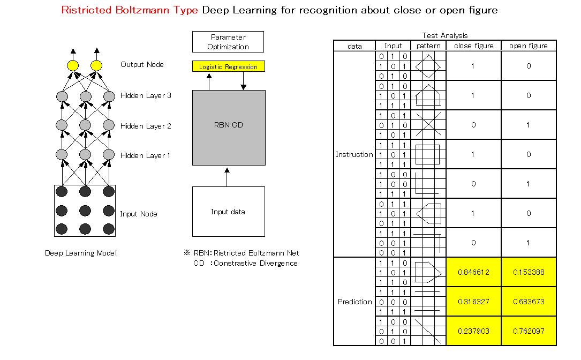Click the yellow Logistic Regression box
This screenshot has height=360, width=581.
coord(228,67)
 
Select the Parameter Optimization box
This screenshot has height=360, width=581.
coord(228,42)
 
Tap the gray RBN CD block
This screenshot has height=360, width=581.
coord(228,127)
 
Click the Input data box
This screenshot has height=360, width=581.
coord(228,212)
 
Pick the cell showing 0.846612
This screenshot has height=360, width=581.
coord(473,272)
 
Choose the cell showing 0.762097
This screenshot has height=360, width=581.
coord(529,331)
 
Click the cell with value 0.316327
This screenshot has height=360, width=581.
coord(473,302)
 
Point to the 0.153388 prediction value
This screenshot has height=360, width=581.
coord(529,272)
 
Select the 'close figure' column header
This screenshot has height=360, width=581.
coord(473,46)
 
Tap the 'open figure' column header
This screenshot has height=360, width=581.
coord(529,46)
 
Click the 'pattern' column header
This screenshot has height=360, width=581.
coord(428,46)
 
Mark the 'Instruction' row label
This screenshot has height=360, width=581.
coord(354,154)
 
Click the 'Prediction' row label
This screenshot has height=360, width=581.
coord(354,302)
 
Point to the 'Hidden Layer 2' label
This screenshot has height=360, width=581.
coord(146,126)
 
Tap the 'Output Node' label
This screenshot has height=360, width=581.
coord(142,64)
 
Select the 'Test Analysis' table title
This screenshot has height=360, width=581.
coord(444,35)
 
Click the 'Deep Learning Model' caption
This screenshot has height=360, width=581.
coord(80,253)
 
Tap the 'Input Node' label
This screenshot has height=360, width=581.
coord(139,214)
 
